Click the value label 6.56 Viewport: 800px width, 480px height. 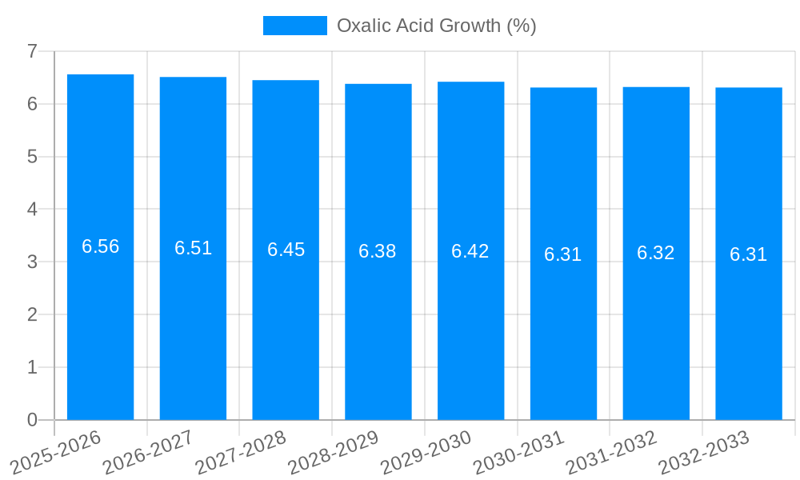pos(101,246)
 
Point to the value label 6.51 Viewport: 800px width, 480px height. pos(194,248)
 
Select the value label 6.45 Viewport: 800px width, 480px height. pos(286,250)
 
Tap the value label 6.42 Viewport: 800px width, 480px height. pos(470,251)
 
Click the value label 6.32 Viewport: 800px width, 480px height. pos(656,254)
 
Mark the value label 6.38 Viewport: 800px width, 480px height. pos(378,251)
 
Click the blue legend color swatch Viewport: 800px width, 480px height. pos(295,26)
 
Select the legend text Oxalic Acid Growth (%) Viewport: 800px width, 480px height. pos(436,26)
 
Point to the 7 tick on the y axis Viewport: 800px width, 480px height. pos(33,52)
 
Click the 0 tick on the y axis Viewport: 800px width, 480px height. pos(33,420)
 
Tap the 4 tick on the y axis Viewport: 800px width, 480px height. pos(33,210)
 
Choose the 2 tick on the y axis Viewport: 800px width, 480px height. pos(33,314)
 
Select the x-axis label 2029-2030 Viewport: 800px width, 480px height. pos(426,452)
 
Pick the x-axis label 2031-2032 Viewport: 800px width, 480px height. pos(612,452)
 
